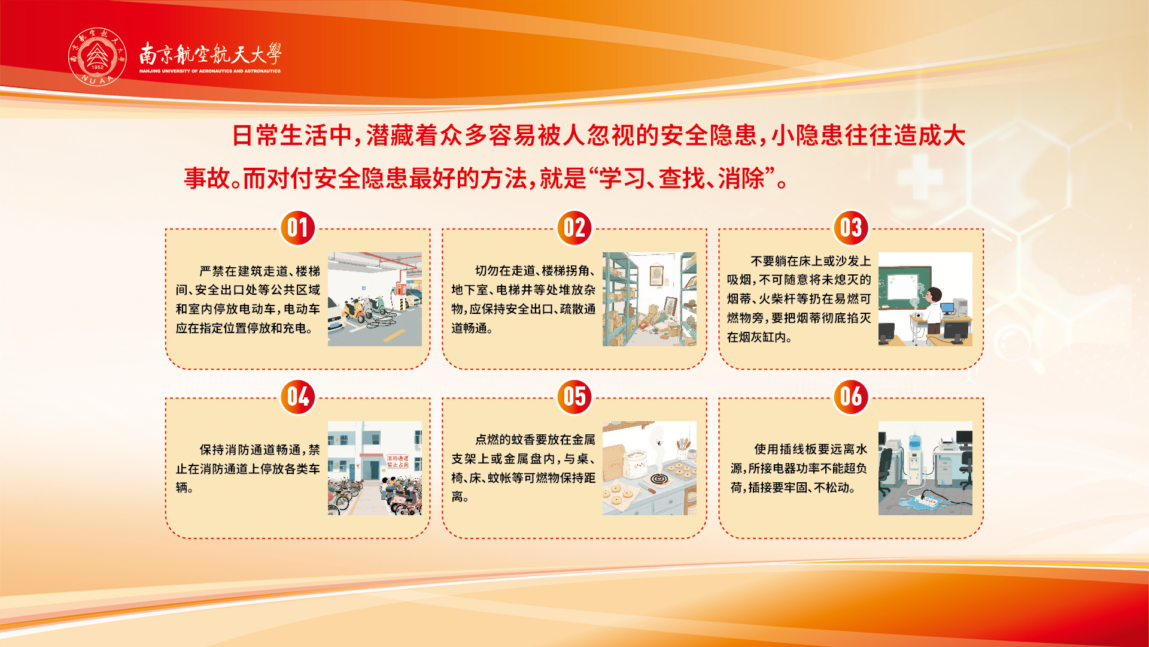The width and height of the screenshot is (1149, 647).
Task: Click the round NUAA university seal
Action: [98, 57]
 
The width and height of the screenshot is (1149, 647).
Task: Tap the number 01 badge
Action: [298, 228]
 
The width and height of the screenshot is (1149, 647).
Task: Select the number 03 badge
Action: [851, 228]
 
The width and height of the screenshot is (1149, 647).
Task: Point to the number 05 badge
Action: [574, 397]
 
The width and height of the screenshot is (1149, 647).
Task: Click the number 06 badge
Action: [851, 397]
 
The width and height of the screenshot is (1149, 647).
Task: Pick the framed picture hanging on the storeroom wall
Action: [657, 275]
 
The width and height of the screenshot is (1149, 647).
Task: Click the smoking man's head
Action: [934, 294]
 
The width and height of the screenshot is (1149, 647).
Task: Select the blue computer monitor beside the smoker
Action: [948, 308]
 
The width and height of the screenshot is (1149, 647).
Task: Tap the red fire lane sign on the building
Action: [397, 461]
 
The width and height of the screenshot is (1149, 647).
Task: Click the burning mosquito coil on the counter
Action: [658, 479]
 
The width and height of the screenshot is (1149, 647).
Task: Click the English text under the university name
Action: [210, 71]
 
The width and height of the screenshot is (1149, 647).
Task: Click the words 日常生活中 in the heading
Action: [292, 135]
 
